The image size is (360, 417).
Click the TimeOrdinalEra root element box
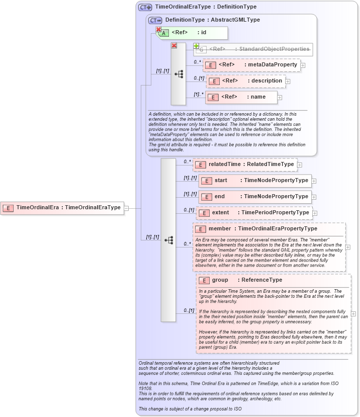click(62, 207)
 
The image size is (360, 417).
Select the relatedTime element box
click(245, 164)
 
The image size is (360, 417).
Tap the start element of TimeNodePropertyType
click(254, 181)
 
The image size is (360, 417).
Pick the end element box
click(254, 197)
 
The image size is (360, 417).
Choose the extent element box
click(254, 213)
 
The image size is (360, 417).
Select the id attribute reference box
click(193, 33)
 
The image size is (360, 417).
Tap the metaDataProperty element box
click(251, 65)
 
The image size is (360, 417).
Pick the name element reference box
click(241, 97)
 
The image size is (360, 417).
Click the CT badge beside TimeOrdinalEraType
click(145, 7)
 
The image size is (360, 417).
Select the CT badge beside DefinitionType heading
click(155, 20)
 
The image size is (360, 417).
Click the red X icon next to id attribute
click(158, 30)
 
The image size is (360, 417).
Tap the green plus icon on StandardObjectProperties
click(196, 46)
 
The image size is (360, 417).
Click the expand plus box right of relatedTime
click(300, 164)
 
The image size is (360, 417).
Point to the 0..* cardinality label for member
click(187, 244)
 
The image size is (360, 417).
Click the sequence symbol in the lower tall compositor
click(168, 240)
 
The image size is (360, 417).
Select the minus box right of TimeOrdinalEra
click(127, 208)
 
